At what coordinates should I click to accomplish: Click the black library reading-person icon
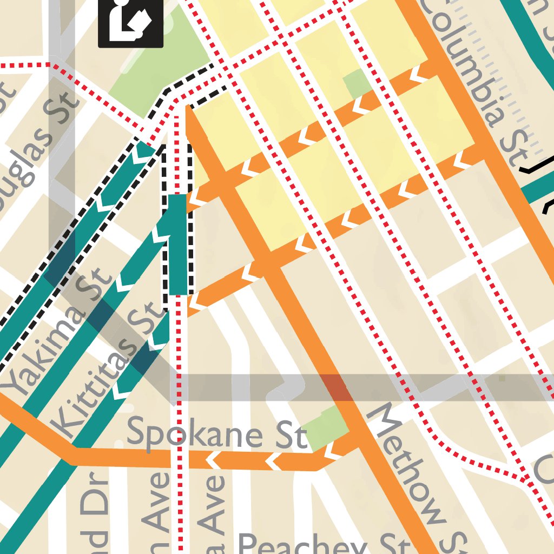pos(130,23)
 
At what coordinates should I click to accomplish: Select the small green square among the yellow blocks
pos(357,84)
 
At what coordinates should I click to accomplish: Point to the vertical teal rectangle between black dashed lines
pos(178,245)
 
